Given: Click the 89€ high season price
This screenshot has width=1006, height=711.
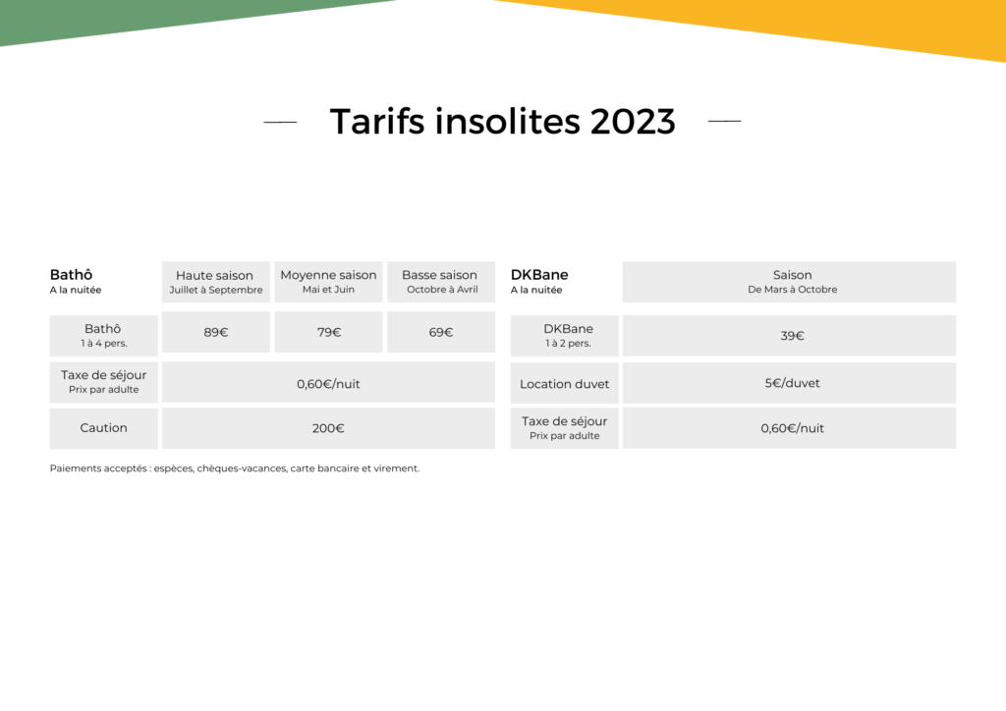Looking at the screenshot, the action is tap(215, 332).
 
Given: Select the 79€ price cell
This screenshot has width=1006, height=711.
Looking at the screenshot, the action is tap(328, 332).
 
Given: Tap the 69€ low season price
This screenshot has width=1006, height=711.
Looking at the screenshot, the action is tap(441, 332).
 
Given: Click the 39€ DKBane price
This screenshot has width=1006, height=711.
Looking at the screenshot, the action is tap(792, 335).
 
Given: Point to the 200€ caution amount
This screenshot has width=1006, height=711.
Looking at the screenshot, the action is tap(328, 428).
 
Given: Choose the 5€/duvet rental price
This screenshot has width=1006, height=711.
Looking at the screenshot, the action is tap(792, 383).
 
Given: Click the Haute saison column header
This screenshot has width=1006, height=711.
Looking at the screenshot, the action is tap(215, 282).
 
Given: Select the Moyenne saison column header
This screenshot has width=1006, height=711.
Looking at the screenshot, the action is tap(328, 282).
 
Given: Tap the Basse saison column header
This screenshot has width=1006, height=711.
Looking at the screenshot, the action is tap(441, 282).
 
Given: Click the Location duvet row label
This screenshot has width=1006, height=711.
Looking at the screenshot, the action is tap(565, 384).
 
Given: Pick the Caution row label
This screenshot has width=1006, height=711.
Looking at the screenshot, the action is tap(103, 427).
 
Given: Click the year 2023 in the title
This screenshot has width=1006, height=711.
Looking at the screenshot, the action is tap(633, 121).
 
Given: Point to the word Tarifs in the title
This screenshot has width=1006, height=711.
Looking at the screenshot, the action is tap(377, 121).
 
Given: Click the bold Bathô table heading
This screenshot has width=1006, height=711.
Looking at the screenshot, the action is tap(71, 274).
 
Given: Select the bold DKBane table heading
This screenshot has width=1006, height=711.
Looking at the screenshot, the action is tap(539, 274).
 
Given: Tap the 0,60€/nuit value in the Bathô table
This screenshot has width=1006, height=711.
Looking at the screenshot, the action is tap(328, 384).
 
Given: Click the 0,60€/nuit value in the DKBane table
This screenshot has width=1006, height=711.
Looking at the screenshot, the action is tap(792, 428).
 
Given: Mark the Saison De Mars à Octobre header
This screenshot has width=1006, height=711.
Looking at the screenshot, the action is tap(792, 282).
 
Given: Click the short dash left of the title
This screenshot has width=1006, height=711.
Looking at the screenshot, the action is tap(280, 121).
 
